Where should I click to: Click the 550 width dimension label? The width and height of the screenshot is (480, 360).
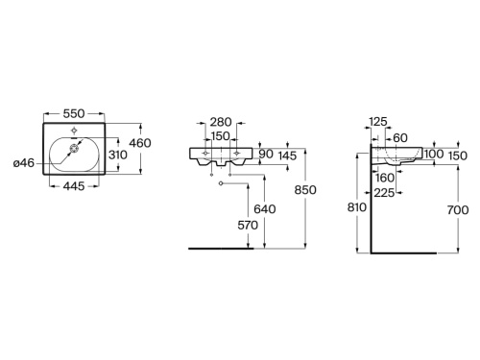[x=74, y=113]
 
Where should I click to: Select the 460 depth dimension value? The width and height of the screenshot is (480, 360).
[x=140, y=143]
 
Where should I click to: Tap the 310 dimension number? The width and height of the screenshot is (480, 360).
[x=118, y=155]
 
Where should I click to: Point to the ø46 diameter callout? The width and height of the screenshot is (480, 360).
[x=24, y=163]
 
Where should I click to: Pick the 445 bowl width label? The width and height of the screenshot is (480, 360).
[x=74, y=186]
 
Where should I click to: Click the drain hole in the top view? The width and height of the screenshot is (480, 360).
[x=74, y=149]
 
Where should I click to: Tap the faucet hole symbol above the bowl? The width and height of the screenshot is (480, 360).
[x=74, y=131]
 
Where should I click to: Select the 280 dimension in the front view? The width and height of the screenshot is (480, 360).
[x=221, y=122]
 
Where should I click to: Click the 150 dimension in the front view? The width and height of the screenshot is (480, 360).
[x=221, y=136]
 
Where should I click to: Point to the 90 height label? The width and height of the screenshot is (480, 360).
[x=266, y=154]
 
